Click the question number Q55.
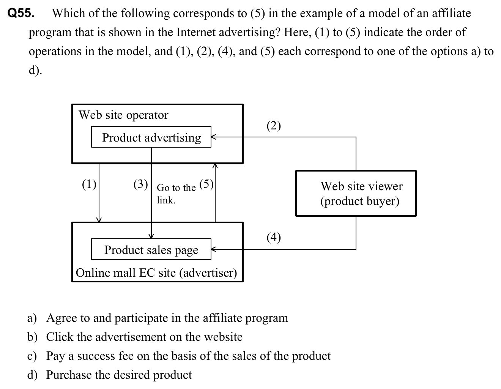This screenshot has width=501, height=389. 21,14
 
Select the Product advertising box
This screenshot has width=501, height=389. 151,137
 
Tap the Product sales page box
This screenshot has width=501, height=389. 151,249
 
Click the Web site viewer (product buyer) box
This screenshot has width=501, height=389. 356,193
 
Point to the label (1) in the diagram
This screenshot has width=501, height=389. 89,184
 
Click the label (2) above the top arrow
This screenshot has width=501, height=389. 273,126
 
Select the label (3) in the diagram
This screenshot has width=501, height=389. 140,184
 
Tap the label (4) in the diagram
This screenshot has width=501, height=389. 273,237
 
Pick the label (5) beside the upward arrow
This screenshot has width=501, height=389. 206,184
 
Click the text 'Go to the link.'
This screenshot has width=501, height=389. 176,194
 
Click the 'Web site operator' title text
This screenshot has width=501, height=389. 123,115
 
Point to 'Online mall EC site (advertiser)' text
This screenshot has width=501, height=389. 156,272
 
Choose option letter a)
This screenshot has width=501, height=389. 32,318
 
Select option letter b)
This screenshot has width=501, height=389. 32,337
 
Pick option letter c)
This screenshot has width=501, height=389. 32,356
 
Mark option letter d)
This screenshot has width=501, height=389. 32,375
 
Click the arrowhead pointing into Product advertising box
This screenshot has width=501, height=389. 214,137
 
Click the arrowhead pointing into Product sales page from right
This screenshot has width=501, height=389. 214,249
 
